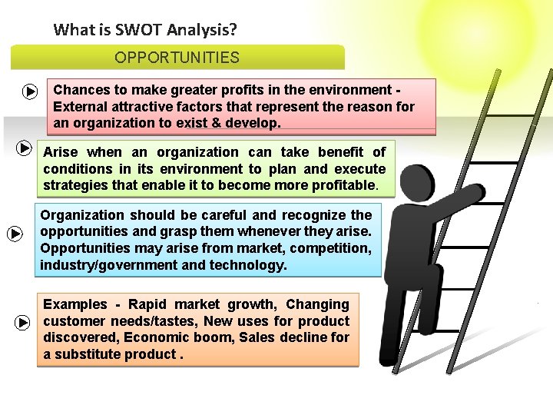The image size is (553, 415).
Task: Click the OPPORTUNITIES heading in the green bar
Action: pyautogui.click(x=177, y=58)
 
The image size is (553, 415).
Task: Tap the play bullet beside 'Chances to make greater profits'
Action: pyautogui.click(x=29, y=92)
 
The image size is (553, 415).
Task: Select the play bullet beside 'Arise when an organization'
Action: pyautogui.click(x=23, y=147)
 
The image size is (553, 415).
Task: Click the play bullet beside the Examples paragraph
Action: pyautogui.click(x=22, y=323)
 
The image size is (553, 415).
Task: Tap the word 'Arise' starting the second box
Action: pyautogui.click(x=61, y=152)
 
